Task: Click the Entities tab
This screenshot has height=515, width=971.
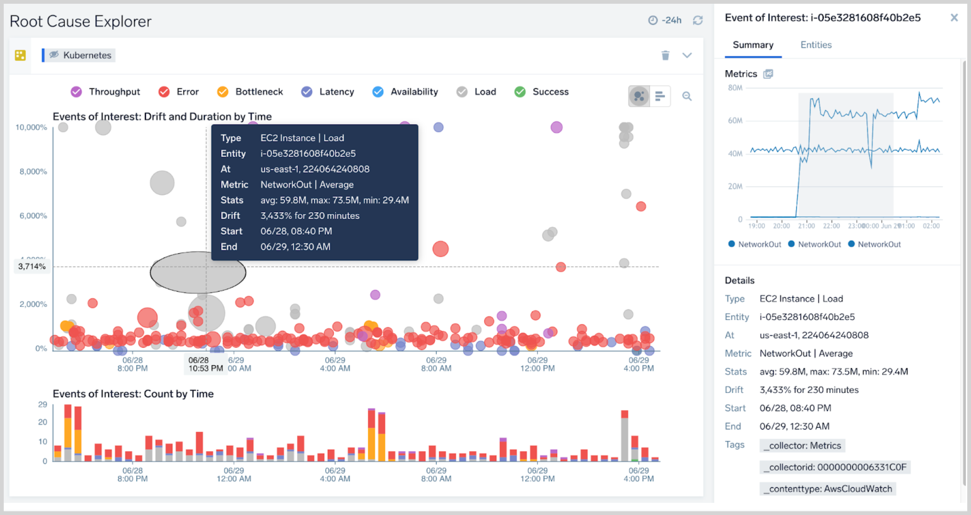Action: [x=816, y=45]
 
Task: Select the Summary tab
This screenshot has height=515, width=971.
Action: [x=753, y=45]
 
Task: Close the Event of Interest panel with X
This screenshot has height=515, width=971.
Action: [x=954, y=18]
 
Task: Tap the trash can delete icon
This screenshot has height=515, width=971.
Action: [x=665, y=55]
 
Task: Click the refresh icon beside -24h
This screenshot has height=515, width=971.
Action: [x=698, y=20]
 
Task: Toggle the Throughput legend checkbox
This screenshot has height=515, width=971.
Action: [x=76, y=92]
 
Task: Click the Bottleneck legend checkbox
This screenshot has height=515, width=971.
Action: [x=223, y=92]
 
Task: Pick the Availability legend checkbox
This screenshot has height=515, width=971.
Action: [x=378, y=92]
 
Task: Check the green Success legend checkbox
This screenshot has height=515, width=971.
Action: [x=520, y=92]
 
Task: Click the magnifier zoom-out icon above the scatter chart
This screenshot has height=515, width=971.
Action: [x=687, y=96]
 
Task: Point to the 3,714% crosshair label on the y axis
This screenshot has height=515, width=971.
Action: [x=32, y=266]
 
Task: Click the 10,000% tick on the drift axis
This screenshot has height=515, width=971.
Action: [x=31, y=127]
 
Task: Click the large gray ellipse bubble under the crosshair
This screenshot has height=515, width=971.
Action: [x=197, y=273]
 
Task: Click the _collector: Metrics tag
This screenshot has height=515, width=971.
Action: [x=802, y=445]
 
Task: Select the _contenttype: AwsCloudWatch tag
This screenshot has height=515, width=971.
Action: [x=827, y=489]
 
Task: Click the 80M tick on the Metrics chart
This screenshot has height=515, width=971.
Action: [x=735, y=88]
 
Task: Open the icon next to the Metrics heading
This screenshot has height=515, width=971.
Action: [x=768, y=74]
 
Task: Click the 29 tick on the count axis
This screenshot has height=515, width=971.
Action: [x=43, y=404]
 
